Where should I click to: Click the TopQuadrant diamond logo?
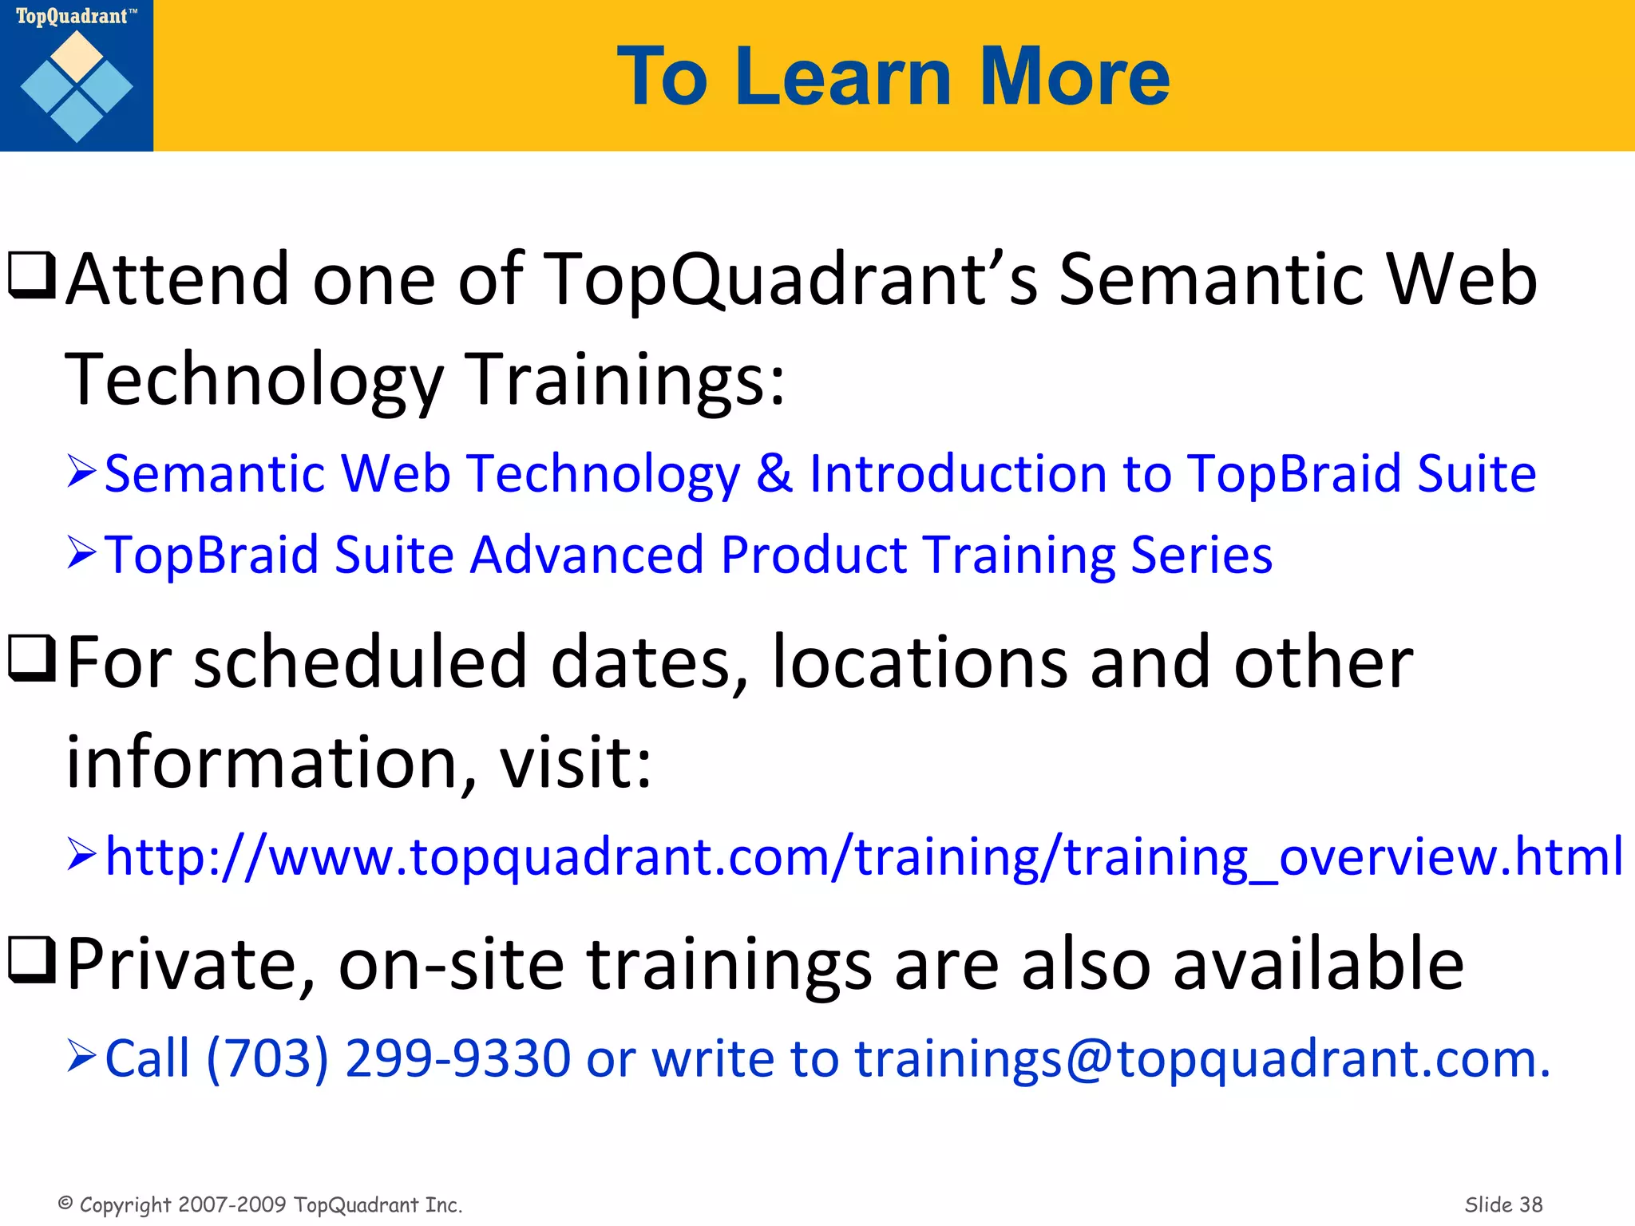[77, 86]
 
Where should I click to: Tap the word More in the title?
[1074, 77]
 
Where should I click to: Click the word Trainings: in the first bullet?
[625, 379]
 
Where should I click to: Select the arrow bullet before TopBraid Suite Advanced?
[81, 553]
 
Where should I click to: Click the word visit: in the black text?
[575, 762]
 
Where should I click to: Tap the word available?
[1318, 964]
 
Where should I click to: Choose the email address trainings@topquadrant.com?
[1201, 1058]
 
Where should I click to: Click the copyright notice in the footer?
[260, 1204]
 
